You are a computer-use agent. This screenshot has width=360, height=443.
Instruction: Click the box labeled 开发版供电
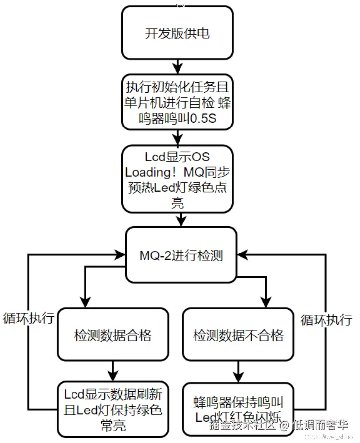pyautogui.click(x=177, y=33)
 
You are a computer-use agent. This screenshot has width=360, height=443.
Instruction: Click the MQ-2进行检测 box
pyautogui.click(x=180, y=255)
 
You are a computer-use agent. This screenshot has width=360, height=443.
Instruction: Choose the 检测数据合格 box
pyautogui.click(x=113, y=335)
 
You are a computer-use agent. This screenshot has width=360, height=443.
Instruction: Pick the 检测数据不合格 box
pyautogui.click(x=238, y=335)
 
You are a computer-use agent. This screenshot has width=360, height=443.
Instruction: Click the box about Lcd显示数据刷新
pyautogui.click(x=113, y=409)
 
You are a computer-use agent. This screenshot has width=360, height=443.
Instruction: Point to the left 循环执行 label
pyautogui.click(x=29, y=317)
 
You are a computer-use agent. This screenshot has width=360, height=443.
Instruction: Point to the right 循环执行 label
pyautogui.click(x=326, y=319)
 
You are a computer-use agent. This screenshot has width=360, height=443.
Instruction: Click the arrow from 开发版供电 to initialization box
pyautogui.click(x=177, y=65)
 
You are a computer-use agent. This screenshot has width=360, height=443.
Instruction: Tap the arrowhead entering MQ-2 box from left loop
pyautogui.click(x=120, y=254)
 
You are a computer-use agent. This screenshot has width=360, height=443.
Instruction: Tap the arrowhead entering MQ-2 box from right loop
pyautogui.click(x=242, y=254)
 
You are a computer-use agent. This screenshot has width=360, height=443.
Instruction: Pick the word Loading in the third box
pyautogui.click(x=148, y=172)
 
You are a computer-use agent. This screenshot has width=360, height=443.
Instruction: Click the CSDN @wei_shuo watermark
pyautogui.click(x=327, y=436)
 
